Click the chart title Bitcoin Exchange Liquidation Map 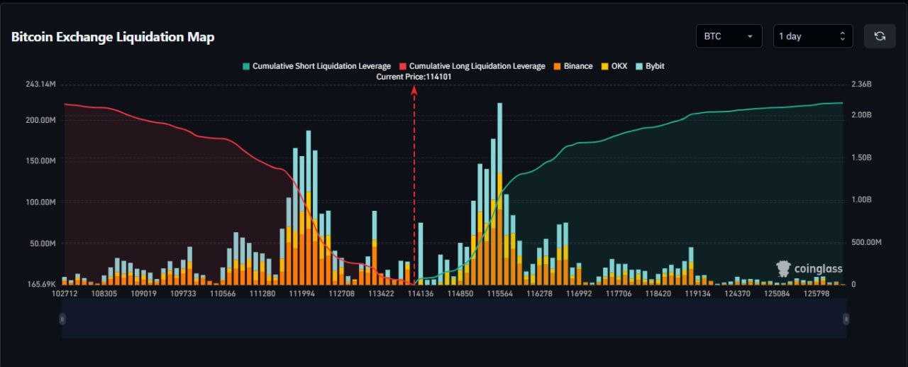(113, 37)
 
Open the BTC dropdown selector (729, 36)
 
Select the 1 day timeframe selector (812, 36)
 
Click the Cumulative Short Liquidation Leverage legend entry (316, 66)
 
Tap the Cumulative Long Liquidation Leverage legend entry (472, 66)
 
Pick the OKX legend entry (614, 66)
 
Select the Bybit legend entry (650, 66)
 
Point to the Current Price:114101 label (414, 76)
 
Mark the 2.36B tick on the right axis (861, 84)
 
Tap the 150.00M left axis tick (40, 161)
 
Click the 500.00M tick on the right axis (866, 242)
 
